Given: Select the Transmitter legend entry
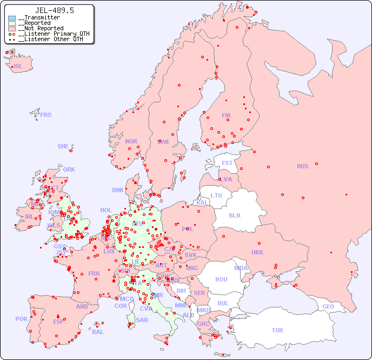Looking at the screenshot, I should coord(38,18).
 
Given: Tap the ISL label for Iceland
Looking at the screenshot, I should coord(18,67).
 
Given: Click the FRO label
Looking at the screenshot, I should coord(46,115).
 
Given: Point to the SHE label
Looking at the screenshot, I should coord(63,146).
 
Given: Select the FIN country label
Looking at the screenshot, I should coord(226,115).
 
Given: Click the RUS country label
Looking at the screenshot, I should coord(302,166).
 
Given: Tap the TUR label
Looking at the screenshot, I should coord(277,330).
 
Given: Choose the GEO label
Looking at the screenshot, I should coord(328,306).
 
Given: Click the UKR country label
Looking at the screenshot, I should coord(257,252).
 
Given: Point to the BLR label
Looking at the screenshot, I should coord(234,215).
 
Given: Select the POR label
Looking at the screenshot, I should coord(21,319).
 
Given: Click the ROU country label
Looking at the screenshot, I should coord(221,279).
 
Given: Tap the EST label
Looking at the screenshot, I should coord(227,163).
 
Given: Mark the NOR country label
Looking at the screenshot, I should coord(131,141).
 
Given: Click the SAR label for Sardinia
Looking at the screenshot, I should coord(142,320).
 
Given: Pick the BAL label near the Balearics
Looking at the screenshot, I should coord(98,332).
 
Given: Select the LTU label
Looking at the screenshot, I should coord(216,195).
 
